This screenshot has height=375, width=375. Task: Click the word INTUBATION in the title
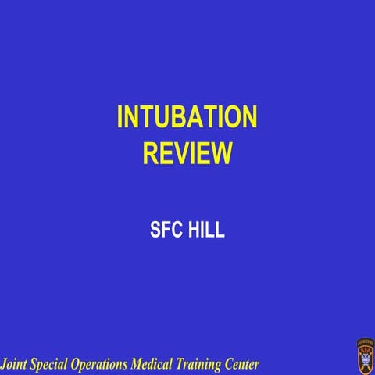[x=187, y=117]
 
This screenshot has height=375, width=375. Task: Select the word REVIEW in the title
[x=187, y=152]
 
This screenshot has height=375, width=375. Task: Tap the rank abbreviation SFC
[x=164, y=230]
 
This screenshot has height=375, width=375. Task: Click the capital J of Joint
[x=4, y=364]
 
